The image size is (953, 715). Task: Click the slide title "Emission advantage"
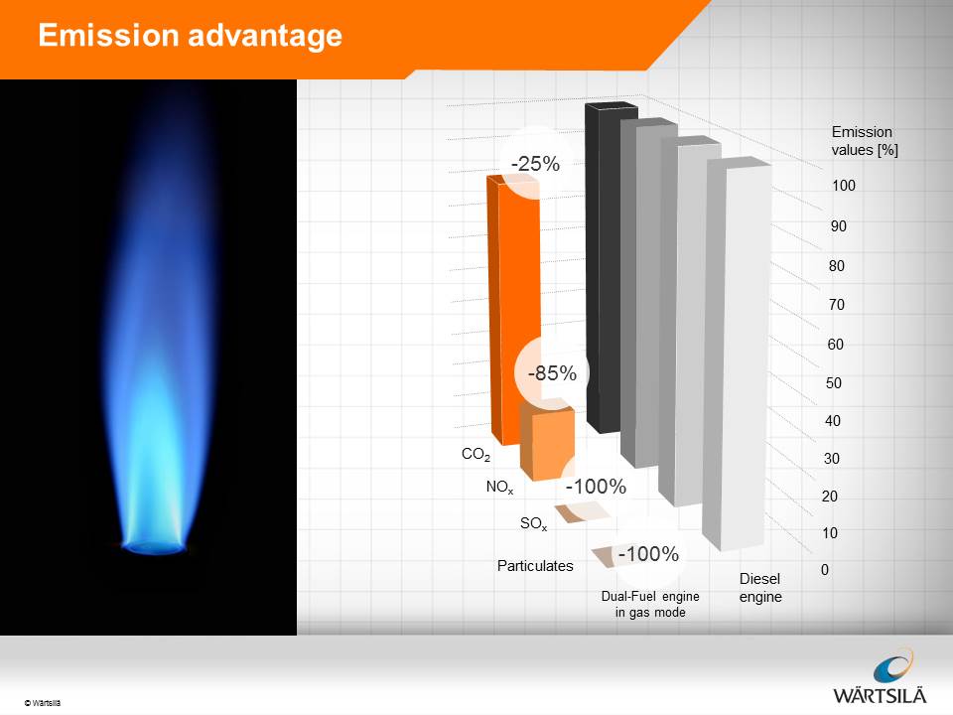pyautogui.click(x=191, y=35)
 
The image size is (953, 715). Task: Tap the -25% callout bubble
pyautogui.click(x=535, y=163)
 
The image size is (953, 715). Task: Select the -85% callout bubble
pyautogui.click(x=552, y=372)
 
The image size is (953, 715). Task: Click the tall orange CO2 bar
pyautogui.click(x=513, y=310)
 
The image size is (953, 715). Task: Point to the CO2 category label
pyautogui.click(x=476, y=454)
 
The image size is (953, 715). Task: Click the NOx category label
pyautogui.click(x=499, y=487)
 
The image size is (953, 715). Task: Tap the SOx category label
pyautogui.click(x=534, y=523)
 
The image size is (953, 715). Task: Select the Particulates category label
pyautogui.click(x=535, y=566)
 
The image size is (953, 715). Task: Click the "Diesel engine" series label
pyautogui.click(x=760, y=587)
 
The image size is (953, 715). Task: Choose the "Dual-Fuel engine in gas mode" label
pyautogui.click(x=650, y=605)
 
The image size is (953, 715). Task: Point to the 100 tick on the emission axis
pyautogui.click(x=844, y=186)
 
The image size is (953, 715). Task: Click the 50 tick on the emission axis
pyautogui.click(x=834, y=383)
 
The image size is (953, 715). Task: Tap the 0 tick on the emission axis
pyautogui.click(x=825, y=570)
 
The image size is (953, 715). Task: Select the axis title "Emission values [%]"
pyautogui.click(x=865, y=140)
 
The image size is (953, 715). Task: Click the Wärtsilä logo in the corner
pyautogui.click(x=881, y=676)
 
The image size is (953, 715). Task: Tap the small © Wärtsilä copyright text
pyautogui.click(x=43, y=703)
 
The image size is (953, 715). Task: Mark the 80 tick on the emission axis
pyautogui.click(x=837, y=266)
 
